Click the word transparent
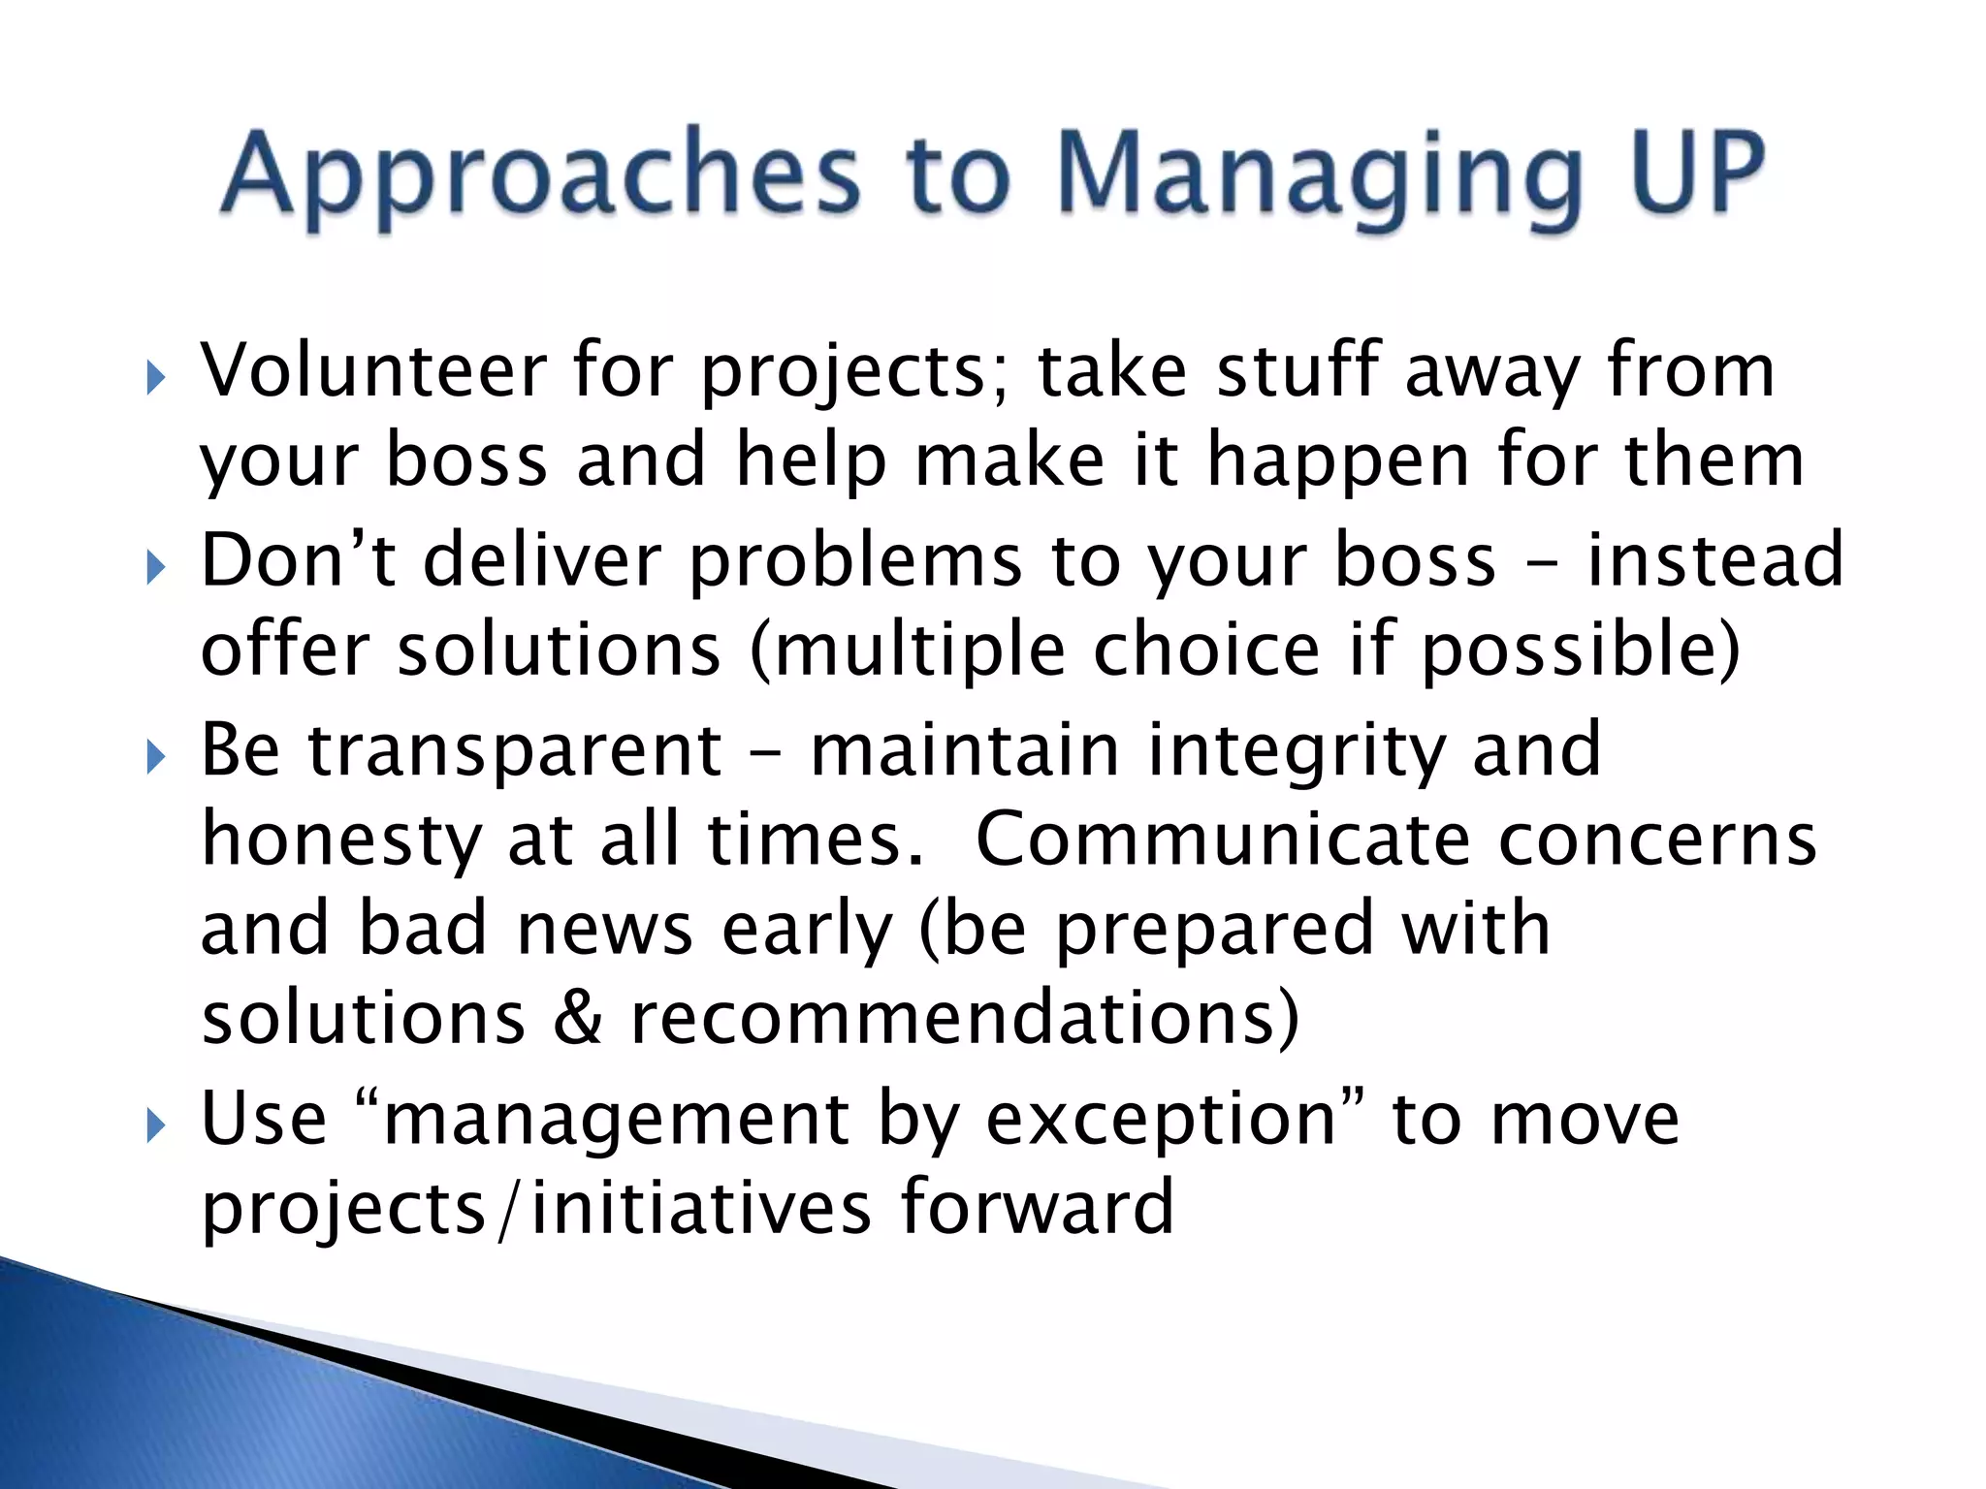[x=515, y=752]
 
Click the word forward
[x=1037, y=1206]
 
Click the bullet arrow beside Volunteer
[x=156, y=379]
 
